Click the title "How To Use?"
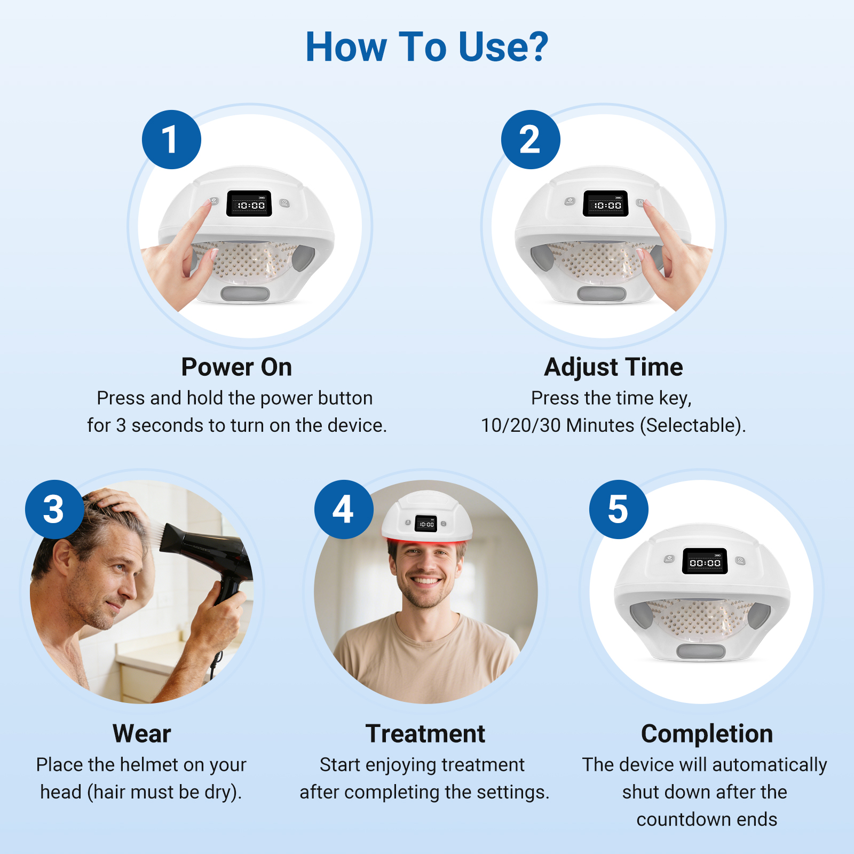tap(427, 47)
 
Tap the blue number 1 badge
tap(171, 140)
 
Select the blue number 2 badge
tap(531, 140)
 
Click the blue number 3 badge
tap(54, 509)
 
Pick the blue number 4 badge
tap(344, 509)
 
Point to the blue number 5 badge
tap(619, 509)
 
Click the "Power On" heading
tap(236, 367)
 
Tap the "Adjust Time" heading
tap(613, 367)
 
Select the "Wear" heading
tap(141, 734)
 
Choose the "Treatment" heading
tap(425, 734)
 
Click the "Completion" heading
tap(707, 734)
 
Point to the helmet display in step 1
tap(249, 203)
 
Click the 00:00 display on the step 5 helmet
tap(705, 561)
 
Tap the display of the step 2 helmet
tap(606, 203)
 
